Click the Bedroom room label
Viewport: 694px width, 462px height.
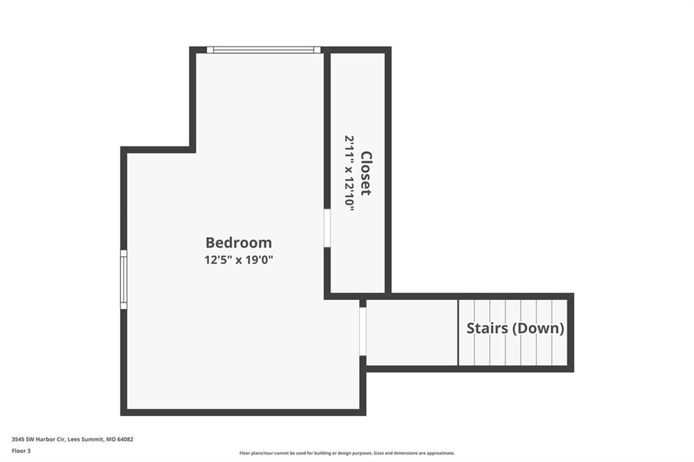click(239, 243)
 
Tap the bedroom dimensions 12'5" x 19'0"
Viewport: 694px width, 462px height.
click(239, 259)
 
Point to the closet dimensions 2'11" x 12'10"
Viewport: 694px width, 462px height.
click(350, 173)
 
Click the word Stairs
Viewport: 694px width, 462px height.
click(487, 329)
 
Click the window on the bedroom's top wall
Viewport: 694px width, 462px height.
click(264, 50)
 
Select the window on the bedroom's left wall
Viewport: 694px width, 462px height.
click(123, 279)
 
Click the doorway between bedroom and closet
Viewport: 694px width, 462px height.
click(327, 228)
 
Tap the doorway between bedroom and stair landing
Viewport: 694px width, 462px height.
click(363, 331)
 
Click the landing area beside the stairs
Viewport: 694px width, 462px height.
click(412, 333)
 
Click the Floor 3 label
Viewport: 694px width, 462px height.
click(21, 451)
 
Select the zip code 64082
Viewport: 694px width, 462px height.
click(125, 440)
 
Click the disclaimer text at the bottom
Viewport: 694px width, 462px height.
click(347, 453)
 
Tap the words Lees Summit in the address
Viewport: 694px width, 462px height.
click(86, 440)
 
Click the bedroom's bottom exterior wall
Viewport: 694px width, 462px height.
click(243, 413)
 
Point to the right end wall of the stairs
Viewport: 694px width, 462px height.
click(571, 333)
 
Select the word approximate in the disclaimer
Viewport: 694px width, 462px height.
click(439, 453)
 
